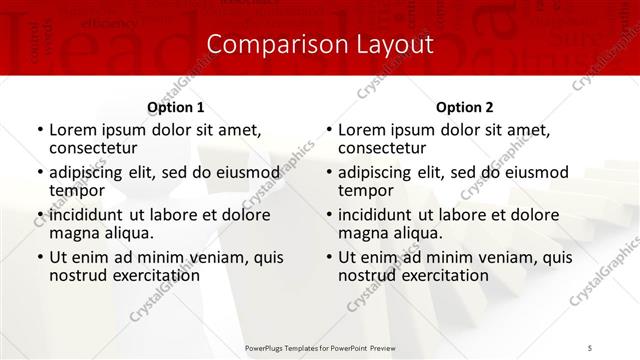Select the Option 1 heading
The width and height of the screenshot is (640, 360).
[176, 107]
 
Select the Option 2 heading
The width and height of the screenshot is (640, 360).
[465, 107]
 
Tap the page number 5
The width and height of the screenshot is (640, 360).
[591, 347]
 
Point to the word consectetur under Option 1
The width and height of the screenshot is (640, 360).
[95, 147]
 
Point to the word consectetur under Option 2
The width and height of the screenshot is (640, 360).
[384, 147]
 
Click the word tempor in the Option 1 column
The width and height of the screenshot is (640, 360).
[77, 190]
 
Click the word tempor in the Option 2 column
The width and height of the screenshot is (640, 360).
[366, 190]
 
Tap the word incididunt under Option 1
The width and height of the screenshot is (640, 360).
[85, 215]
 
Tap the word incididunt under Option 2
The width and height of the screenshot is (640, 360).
[374, 215]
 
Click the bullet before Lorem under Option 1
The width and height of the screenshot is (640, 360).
[40, 130]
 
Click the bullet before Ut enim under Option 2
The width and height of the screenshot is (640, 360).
[329, 257]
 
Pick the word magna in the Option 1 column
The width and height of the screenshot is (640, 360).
[72, 233]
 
